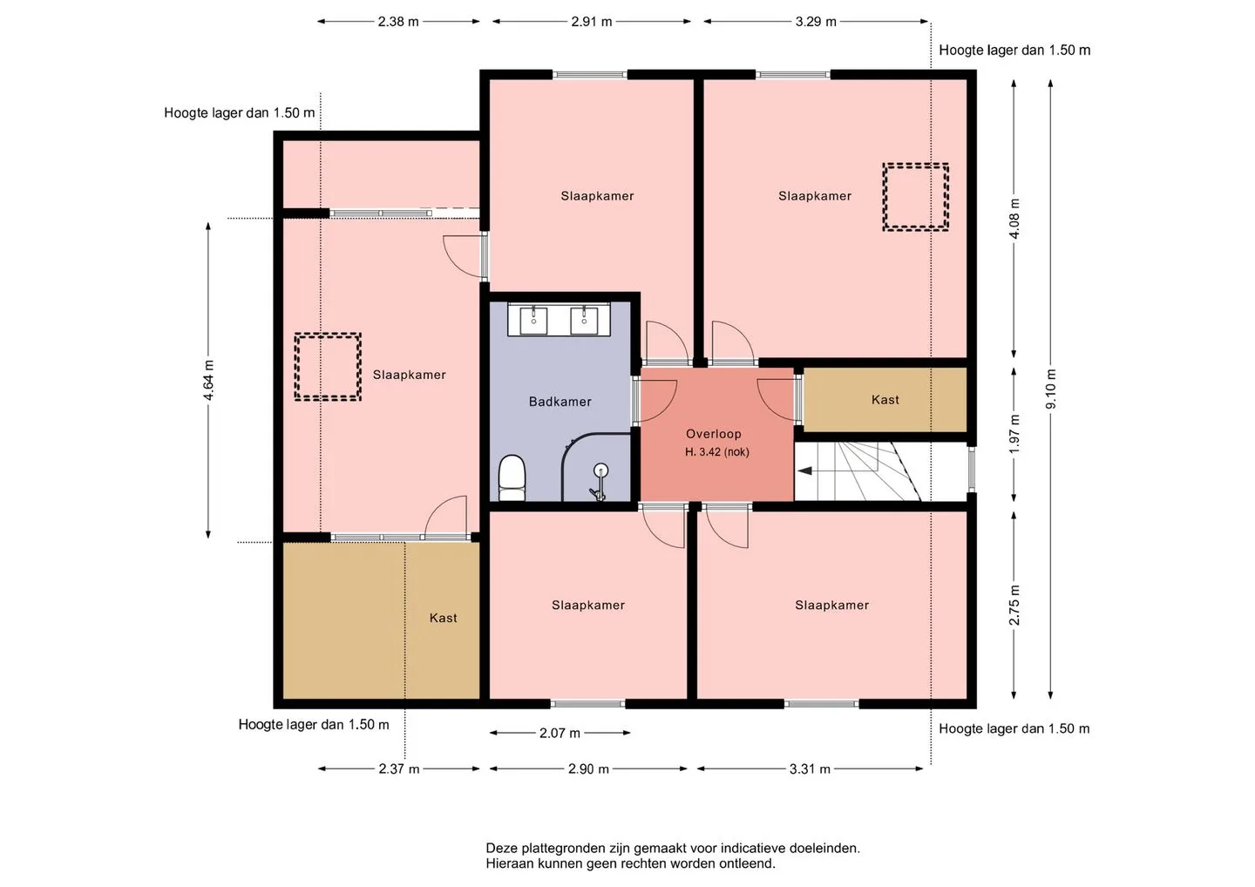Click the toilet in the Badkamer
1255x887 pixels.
pyautogui.click(x=512, y=477)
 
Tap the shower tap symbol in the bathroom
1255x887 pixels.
pyautogui.click(x=599, y=482)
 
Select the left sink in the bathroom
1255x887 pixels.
pyautogui.click(x=533, y=321)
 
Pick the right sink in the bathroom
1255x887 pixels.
pyautogui.click(x=584, y=321)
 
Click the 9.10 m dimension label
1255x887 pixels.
pyautogui.click(x=1050, y=389)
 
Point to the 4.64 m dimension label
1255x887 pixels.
pyautogui.click(x=208, y=380)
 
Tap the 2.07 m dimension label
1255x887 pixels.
pyautogui.click(x=560, y=733)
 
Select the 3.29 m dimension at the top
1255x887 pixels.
pyautogui.click(x=816, y=22)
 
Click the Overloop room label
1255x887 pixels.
pyautogui.click(x=713, y=434)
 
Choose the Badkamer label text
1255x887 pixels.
pyautogui.click(x=560, y=402)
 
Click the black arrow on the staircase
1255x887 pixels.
pyautogui.click(x=805, y=471)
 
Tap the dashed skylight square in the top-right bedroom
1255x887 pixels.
pyautogui.click(x=915, y=197)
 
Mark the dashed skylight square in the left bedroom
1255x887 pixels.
pyautogui.click(x=328, y=367)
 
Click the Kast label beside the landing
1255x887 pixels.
pyautogui.click(x=885, y=400)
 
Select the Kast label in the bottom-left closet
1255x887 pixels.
pyautogui.click(x=443, y=618)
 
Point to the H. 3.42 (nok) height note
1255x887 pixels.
pyautogui.click(x=717, y=452)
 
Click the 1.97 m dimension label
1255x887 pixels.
pyautogui.click(x=1014, y=434)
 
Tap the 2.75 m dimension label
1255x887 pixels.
pyautogui.click(x=1014, y=606)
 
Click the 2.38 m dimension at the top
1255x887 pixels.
pyautogui.click(x=397, y=22)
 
